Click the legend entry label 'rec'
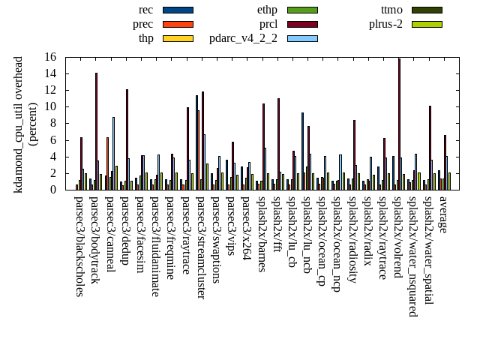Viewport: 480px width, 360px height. coord(146,10)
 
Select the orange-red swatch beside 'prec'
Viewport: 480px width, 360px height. coord(178,24)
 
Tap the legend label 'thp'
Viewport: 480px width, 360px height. coord(146,38)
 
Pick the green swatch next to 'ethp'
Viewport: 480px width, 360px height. coord(302,10)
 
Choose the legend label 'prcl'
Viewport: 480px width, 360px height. coord(268,24)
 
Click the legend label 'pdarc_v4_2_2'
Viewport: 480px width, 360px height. coord(243,38)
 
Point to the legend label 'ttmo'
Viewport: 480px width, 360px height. coord(391,10)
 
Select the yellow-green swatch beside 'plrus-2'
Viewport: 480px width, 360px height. coord(427,24)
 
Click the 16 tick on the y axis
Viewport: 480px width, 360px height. coord(50,57)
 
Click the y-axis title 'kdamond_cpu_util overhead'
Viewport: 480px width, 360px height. coord(19,124)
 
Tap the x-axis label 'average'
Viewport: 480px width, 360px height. coord(443,214)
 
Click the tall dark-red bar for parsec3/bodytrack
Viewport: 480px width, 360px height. coord(96,131)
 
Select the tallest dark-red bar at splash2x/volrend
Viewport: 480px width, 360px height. coord(399,124)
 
